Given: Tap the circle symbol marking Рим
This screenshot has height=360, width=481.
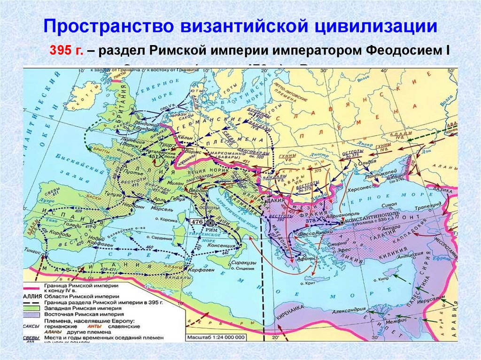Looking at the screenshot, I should (210, 224).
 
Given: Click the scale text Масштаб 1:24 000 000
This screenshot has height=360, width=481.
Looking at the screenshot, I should (216, 337).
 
